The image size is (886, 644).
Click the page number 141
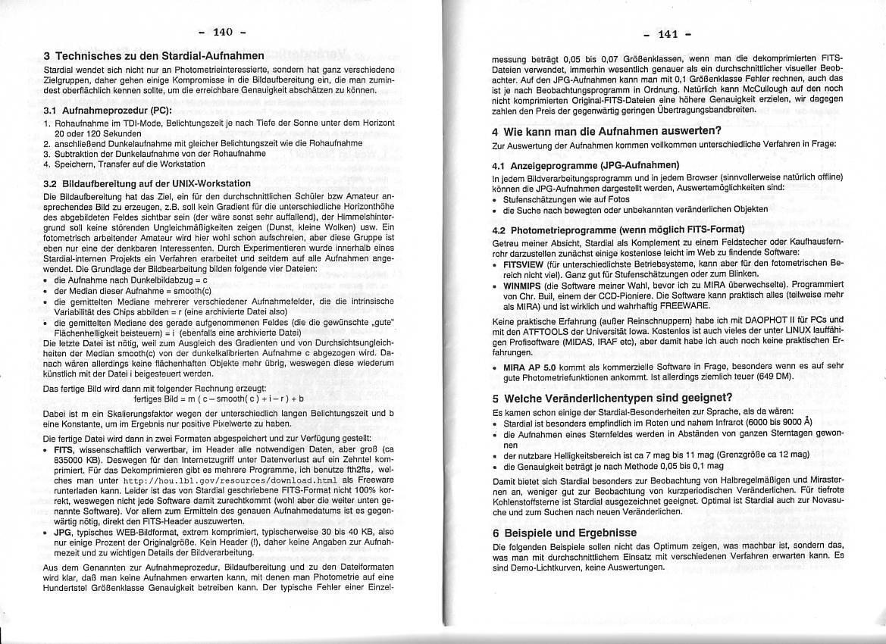click(x=668, y=34)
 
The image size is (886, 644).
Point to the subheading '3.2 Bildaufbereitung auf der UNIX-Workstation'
click(x=146, y=183)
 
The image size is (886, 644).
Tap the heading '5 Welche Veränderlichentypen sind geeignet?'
click(x=612, y=398)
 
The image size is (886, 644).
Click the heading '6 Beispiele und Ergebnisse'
click(x=564, y=533)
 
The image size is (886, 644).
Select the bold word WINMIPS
click(x=523, y=286)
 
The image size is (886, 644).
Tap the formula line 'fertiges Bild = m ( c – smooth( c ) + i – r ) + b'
click(x=218, y=398)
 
